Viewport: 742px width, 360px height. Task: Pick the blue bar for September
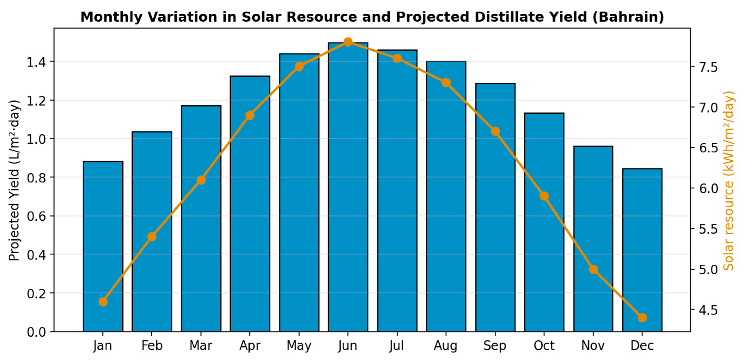(x=495, y=207)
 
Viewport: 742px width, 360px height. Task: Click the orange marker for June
(x=348, y=42)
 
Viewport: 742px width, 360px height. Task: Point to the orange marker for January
(x=103, y=302)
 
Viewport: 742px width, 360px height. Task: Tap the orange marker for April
(x=250, y=115)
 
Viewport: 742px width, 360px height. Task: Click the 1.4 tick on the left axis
(x=36, y=62)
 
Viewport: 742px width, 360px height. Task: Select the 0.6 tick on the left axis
(x=36, y=216)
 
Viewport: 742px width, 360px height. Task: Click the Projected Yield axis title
(x=14, y=180)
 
